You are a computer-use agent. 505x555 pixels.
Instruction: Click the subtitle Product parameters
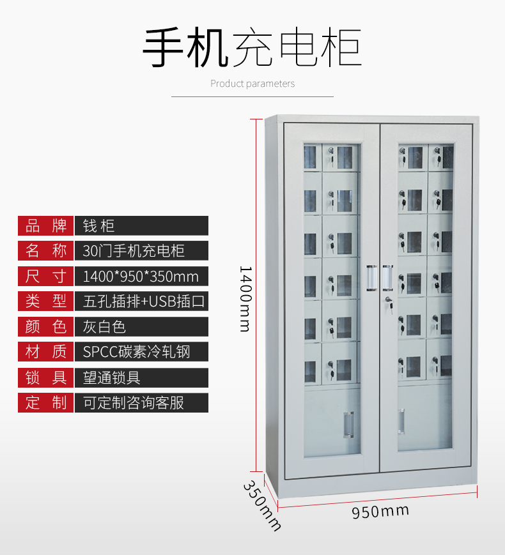pyautogui.click(x=252, y=84)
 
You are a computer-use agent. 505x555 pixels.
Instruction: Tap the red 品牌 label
pyautogui.click(x=46, y=225)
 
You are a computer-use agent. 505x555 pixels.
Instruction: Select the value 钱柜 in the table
pyautogui.click(x=99, y=225)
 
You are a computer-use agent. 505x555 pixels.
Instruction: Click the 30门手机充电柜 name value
pyautogui.click(x=134, y=250)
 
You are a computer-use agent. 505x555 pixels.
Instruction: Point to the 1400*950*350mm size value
pyautogui.click(x=141, y=276)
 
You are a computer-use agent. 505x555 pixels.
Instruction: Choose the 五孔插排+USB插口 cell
pyautogui.click(x=144, y=301)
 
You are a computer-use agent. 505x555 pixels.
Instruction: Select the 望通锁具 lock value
pyautogui.click(x=112, y=377)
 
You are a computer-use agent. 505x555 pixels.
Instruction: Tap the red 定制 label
pyautogui.click(x=46, y=402)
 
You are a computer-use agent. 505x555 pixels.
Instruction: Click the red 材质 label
pyautogui.click(x=46, y=352)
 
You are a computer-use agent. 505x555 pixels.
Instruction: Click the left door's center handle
pyautogui.click(x=370, y=278)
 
